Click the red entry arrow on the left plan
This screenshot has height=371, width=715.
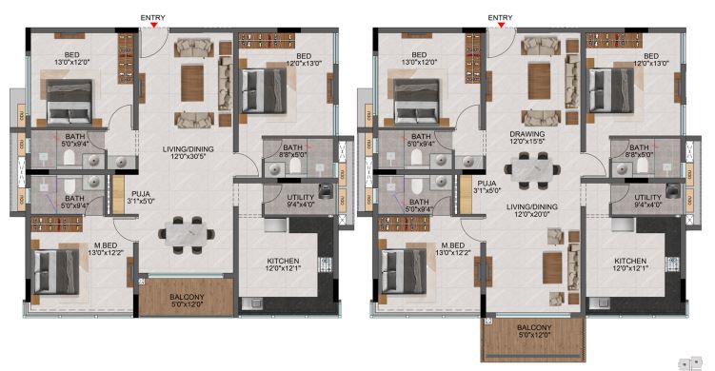click(x=154, y=25)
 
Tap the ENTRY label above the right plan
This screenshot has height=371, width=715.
click(x=500, y=17)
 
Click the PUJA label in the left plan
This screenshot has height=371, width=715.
click(x=141, y=194)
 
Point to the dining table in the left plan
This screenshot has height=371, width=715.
click(x=187, y=235)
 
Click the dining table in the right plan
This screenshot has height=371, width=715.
click(x=532, y=170)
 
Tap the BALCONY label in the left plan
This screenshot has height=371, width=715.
click(x=187, y=297)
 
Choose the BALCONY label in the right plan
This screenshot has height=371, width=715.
click(x=534, y=327)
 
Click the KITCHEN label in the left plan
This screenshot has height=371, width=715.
click(x=283, y=261)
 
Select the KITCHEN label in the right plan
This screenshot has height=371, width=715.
click(x=630, y=261)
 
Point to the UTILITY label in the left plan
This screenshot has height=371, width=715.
click(x=301, y=197)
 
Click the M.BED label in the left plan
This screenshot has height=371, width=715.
click(x=106, y=245)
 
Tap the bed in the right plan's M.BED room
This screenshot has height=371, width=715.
click(x=405, y=271)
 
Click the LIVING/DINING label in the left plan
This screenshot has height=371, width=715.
click(x=189, y=149)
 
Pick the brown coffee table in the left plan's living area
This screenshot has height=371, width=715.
click(x=192, y=83)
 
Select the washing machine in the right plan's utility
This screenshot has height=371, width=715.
click(x=673, y=190)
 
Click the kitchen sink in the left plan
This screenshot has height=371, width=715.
click(x=251, y=303)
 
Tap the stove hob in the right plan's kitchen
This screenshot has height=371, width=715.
click(x=671, y=264)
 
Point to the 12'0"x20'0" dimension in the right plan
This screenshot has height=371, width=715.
click(x=532, y=214)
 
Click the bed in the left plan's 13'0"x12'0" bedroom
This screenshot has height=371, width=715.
click(x=70, y=102)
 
